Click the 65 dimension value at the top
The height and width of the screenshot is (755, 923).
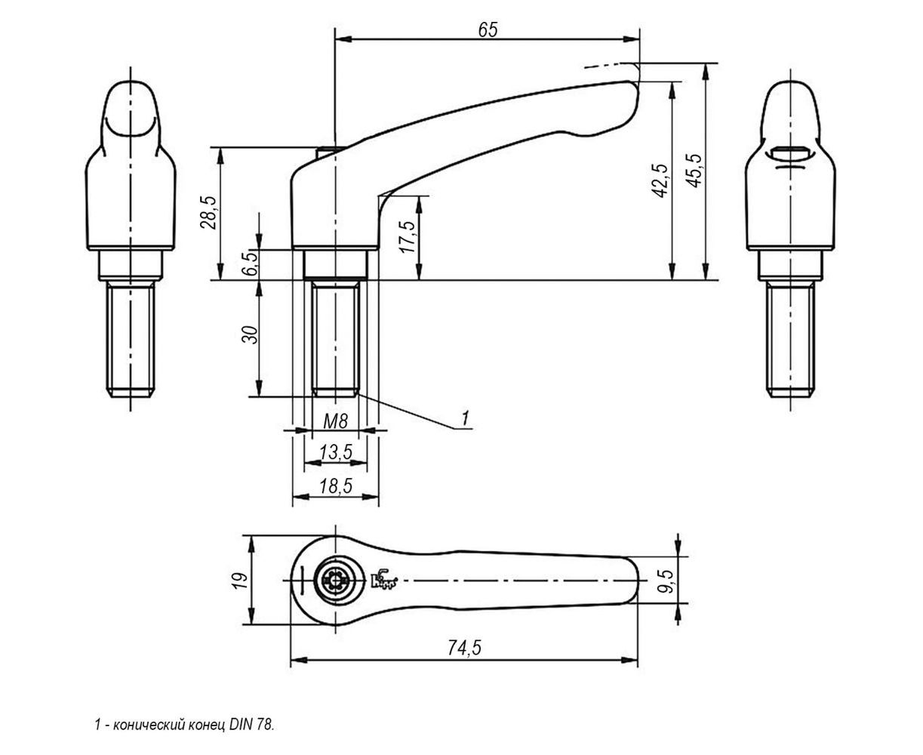click(488, 29)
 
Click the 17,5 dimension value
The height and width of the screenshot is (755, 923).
click(408, 237)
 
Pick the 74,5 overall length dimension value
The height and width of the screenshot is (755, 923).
click(464, 648)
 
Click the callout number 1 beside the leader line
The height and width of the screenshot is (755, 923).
click(466, 418)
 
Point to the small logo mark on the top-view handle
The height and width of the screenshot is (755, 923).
click(383, 579)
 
